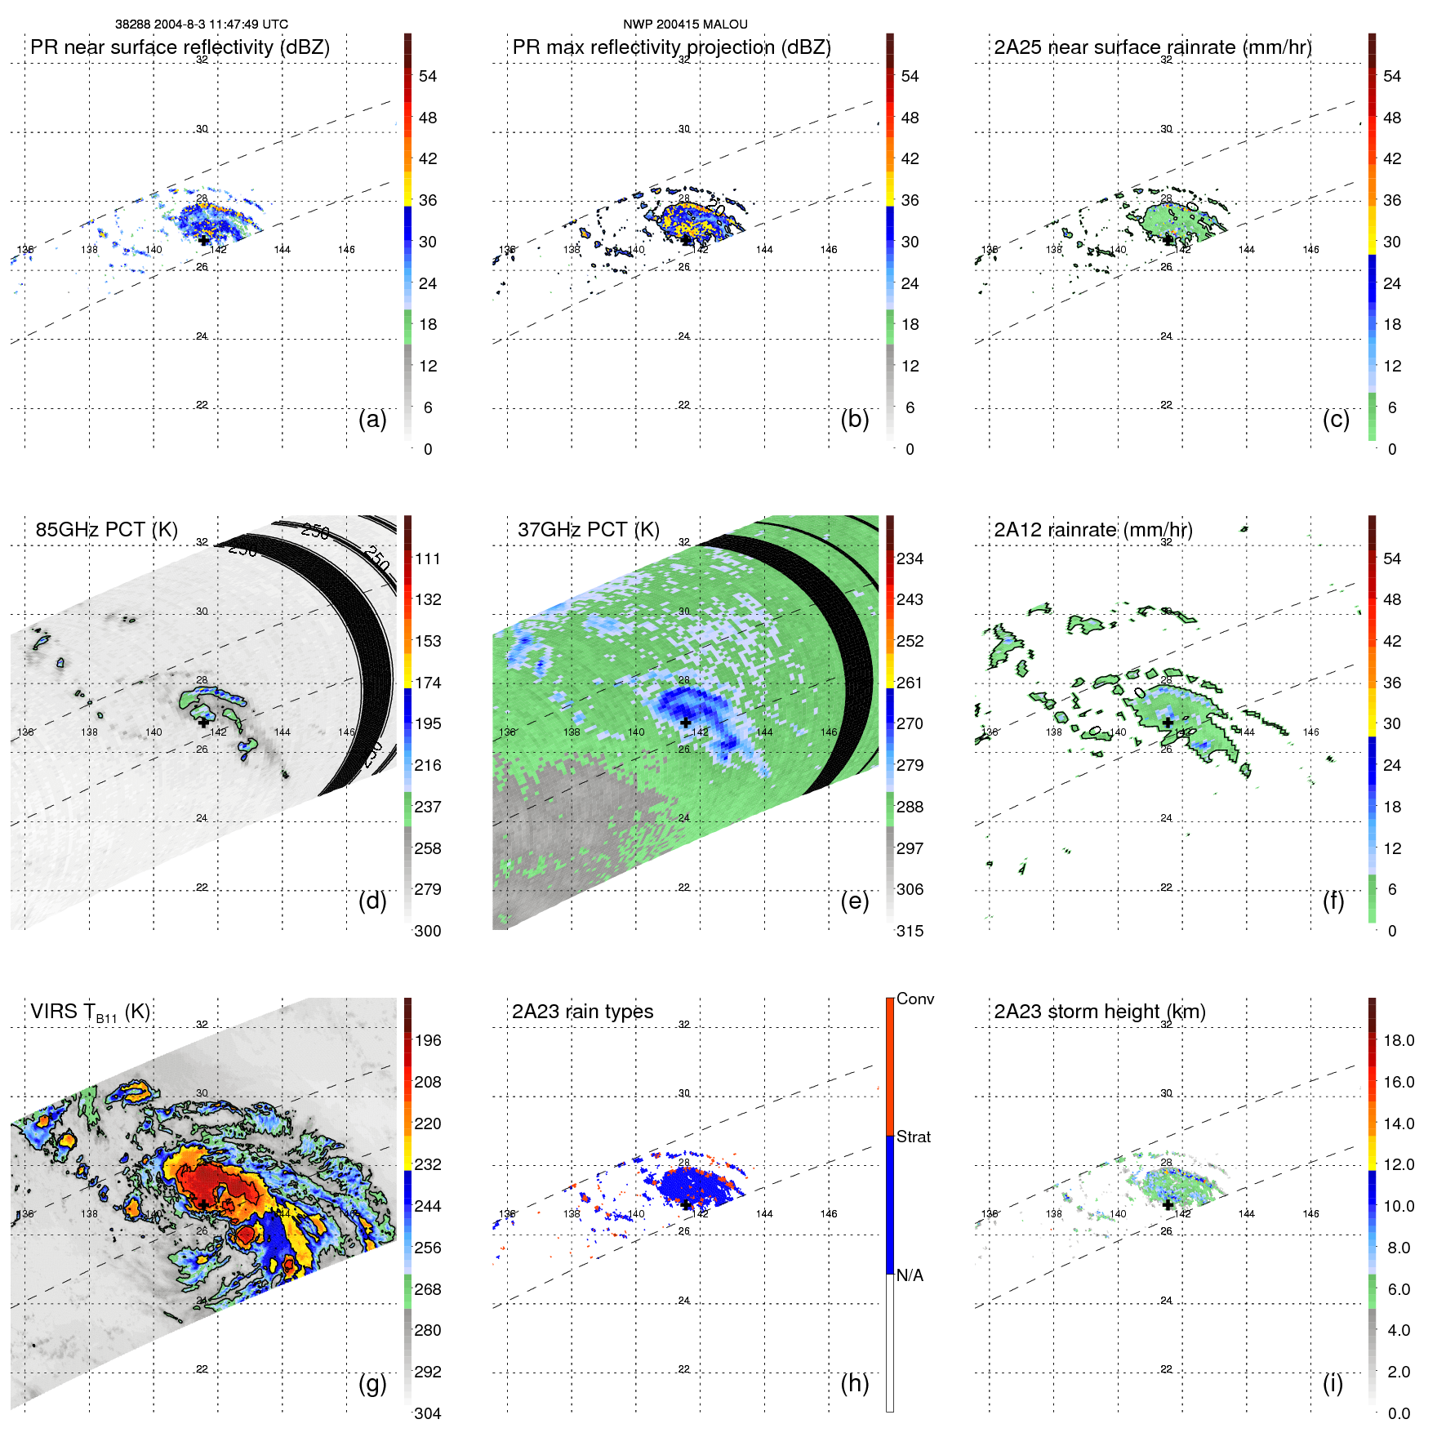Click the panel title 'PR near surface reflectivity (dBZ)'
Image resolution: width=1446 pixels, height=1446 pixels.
(x=180, y=47)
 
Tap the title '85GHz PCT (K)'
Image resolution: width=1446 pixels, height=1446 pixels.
(x=106, y=530)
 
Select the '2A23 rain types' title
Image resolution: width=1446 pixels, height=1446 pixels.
(x=582, y=1012)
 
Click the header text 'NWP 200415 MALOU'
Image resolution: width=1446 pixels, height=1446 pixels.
(x=685, y=24)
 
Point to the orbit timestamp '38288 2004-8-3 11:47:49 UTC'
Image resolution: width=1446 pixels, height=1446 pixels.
(x=201, y=24)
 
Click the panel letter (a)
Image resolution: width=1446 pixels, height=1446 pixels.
(x=372, y=420)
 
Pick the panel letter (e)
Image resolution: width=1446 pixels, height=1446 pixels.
(x=854, y=901)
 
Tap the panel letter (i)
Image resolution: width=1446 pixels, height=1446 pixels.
(x=1333, y=1383)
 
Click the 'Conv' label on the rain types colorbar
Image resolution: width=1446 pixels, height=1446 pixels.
(x=915, y=999)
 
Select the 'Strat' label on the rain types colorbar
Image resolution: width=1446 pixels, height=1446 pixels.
(x=914, y=1137)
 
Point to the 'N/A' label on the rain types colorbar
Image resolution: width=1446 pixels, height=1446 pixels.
(x=910, y=1275)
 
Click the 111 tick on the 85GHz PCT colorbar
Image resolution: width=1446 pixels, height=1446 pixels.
(x=428, y=559)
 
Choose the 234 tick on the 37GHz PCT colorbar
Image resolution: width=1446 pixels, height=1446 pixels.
(x=910, y=559)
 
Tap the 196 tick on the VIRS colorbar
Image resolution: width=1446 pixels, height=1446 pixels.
(x=428, y=1041)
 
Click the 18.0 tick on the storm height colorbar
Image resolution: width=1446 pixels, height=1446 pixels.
(x=1399, y=1041)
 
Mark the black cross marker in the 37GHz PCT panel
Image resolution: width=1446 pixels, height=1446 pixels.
(x=686, y=722)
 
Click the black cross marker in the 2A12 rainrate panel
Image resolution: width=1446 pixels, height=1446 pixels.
(x=1168, y=722)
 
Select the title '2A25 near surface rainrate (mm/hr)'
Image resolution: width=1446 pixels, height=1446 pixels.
(x=1152, y=47)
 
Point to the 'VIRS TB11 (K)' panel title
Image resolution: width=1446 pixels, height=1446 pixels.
(x=90, y=1012)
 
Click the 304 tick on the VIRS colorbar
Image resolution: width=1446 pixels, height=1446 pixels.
(x=428, y=1413)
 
